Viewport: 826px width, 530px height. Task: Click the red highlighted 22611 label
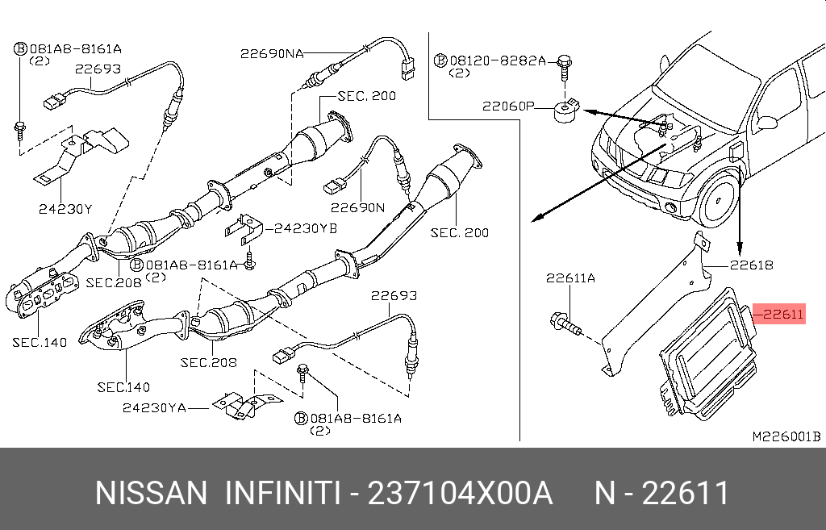point(779,315)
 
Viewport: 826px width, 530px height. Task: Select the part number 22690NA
point(272,53)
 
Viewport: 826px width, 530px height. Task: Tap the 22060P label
point(508,106)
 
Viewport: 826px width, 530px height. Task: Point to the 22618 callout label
point(752,264)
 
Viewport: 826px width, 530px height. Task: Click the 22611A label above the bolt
point(570,278)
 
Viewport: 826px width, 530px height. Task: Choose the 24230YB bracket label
point(305,228)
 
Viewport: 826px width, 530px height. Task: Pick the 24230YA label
point(154,408)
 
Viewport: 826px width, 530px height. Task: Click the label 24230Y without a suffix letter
point(65,209)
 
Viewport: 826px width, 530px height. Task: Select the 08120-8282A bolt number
point(498,61)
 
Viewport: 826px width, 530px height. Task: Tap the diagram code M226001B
point(786,436)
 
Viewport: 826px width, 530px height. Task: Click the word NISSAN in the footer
point(151,493)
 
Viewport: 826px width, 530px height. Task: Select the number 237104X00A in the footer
point(460,493)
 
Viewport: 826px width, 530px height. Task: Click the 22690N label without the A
point(357,208)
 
